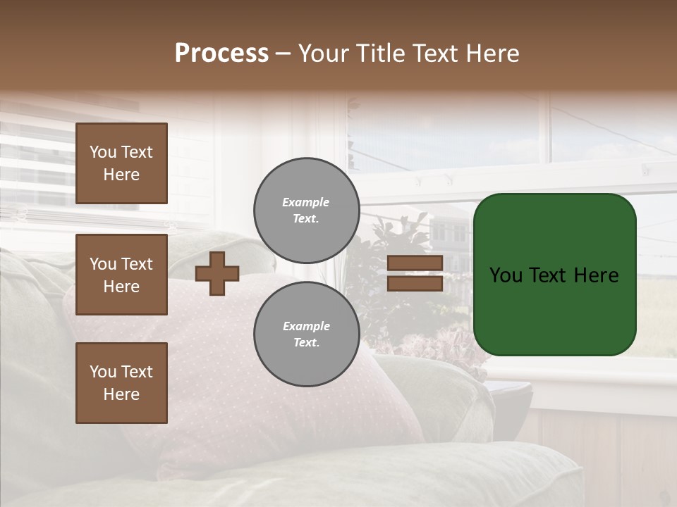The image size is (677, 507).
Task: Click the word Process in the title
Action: tap(221, 54)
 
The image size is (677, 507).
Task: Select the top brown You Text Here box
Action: tap(121, 163)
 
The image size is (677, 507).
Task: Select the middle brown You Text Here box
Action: tap(121, 275)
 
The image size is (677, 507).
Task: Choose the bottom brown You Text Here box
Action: tap(121, 383)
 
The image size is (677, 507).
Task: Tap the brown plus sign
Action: tap(217, 273)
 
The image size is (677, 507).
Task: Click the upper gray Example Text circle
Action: tap(307, 211)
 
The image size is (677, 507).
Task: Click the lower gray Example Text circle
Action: tap(307, 334)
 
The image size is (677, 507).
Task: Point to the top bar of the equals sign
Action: tap(415, 263)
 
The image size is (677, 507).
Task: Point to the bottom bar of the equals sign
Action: tap(415, 283)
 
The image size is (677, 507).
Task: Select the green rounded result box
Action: tap(554, 275)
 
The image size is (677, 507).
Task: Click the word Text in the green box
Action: tap(554, 275)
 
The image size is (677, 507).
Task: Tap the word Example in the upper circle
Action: tap(306, 202)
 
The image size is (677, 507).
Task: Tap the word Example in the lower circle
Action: tap(306, 326)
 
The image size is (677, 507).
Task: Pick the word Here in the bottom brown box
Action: tap(121, 394)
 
